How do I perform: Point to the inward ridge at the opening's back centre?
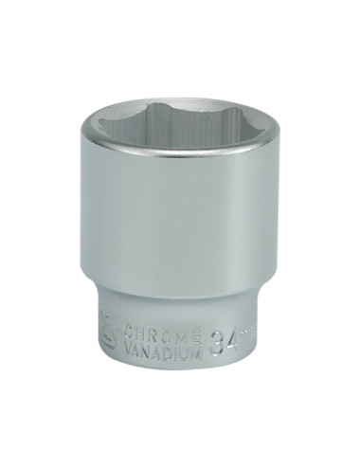(x=180, y=117)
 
